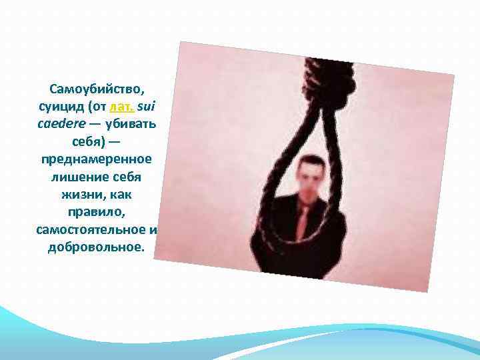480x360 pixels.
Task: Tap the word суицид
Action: click(x=60, y=106)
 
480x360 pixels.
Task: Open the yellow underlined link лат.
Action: click(x=125, y=106)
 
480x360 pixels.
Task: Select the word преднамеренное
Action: click(x=96, y=161)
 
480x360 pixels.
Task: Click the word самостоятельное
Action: click(x=91, y=230)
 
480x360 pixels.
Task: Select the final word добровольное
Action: click(x=96, y=248)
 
